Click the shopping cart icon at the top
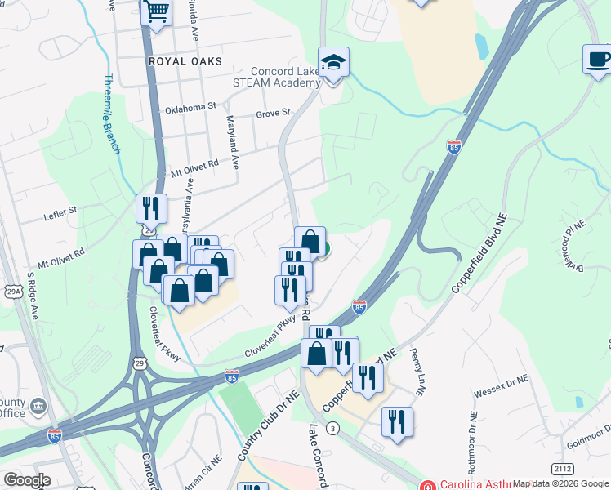(155, 12)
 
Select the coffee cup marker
(598, 59)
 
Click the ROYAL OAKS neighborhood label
(175, 60)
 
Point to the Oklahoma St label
(190, 107)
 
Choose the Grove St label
(273, 113)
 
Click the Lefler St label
(60, 211)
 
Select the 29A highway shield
(13, 291)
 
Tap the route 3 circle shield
(332, 428)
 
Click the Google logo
(27, 480)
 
